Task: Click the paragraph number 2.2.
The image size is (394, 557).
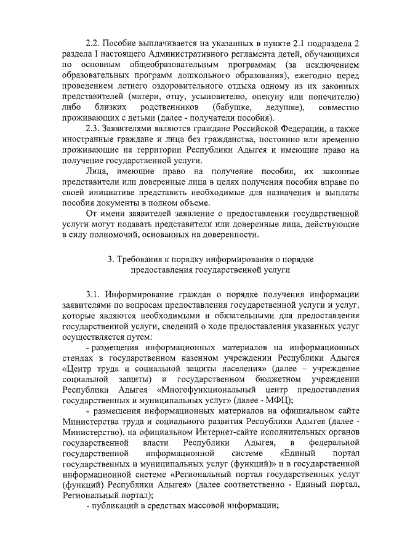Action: click(x=94, y=44)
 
